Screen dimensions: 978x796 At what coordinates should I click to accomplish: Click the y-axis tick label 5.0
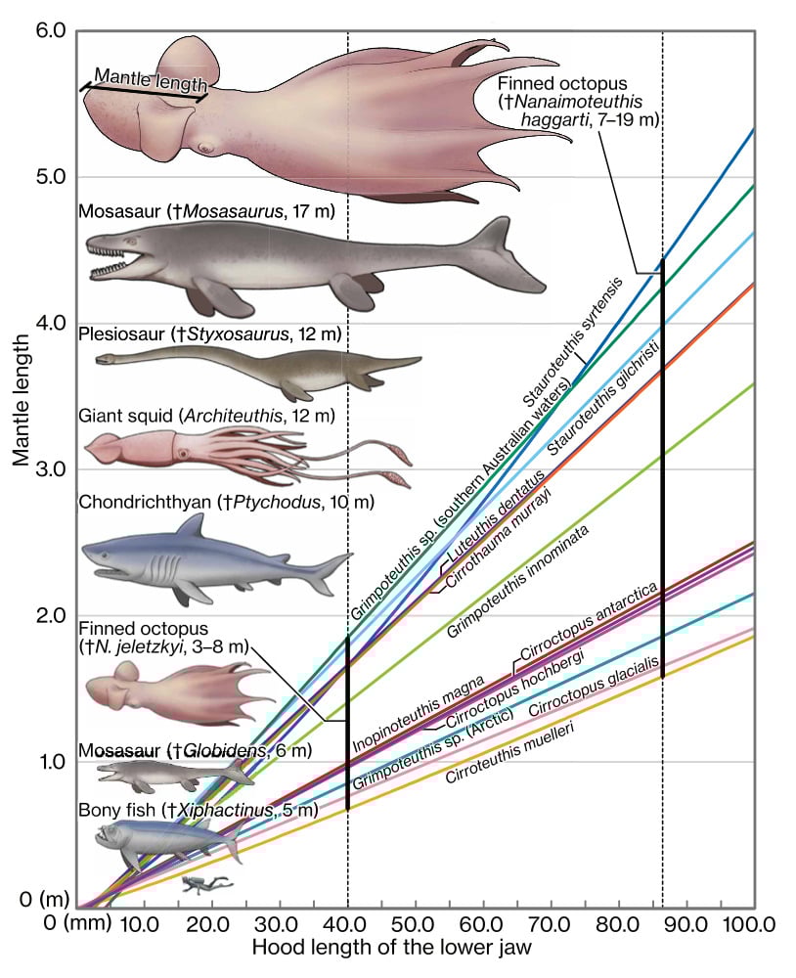click(49, 177)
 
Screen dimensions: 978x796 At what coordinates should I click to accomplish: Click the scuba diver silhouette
click(207, 884)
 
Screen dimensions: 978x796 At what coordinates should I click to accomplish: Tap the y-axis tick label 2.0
click(49, 616)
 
